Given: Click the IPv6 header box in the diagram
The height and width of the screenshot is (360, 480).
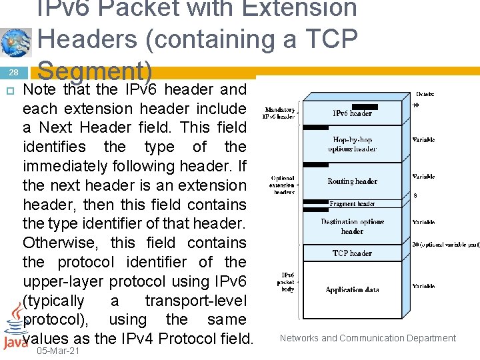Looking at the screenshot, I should tap(352, 113).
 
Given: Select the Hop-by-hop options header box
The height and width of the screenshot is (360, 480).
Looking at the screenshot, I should tap(352, 145).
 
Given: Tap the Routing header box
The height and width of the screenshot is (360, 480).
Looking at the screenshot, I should tap(352, 181).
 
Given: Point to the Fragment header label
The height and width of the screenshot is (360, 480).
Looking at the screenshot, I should tap(352, 204).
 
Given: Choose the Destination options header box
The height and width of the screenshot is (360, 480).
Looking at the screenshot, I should tap(352, 227).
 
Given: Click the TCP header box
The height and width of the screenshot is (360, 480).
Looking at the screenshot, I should tap(352, 253).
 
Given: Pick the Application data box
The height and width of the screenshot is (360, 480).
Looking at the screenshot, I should tap(352, 290).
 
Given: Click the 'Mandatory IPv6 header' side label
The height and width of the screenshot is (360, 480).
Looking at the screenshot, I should tap(280, 113).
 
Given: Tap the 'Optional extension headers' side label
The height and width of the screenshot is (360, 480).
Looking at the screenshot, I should tap(283, 185).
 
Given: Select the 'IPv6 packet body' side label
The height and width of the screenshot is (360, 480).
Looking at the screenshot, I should tap(286, 283).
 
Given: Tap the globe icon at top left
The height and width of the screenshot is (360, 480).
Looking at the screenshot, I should tap(15, 42).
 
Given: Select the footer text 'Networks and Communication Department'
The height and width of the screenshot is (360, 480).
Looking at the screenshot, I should tap(368, 338).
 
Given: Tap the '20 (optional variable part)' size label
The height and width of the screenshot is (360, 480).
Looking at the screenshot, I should tap(445, 245).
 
